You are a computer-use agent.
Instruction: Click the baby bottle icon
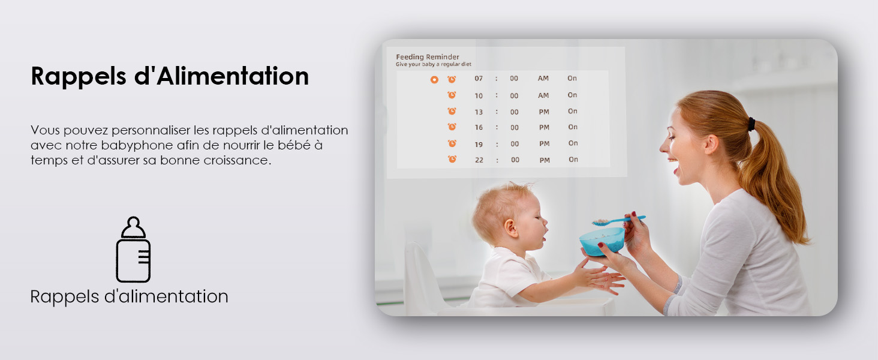click(133, 250)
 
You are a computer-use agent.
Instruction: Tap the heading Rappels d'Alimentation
click(170, 76)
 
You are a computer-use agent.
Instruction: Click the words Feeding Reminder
click(427, 57)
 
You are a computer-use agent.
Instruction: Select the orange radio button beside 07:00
click(434, 80)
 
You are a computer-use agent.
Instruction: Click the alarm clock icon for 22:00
click(452, 159)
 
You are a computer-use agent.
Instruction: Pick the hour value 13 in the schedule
click(479, 112)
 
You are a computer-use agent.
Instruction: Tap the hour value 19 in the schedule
click(479, 145)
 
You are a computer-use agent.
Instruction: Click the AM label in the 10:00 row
click(543, 95)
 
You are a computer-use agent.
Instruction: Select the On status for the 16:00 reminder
click(573, 127)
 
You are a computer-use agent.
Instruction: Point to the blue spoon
click(618, 220)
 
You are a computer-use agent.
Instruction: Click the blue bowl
click(602, 241)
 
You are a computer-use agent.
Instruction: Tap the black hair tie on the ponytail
click(751, 124)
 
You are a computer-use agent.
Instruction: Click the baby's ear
click(510, 228)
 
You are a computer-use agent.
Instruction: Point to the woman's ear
click(711, 144)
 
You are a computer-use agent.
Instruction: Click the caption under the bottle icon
click(129, 297)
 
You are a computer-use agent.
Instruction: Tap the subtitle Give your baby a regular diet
click(434, 64)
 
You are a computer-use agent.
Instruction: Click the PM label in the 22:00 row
click(545, 160)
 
